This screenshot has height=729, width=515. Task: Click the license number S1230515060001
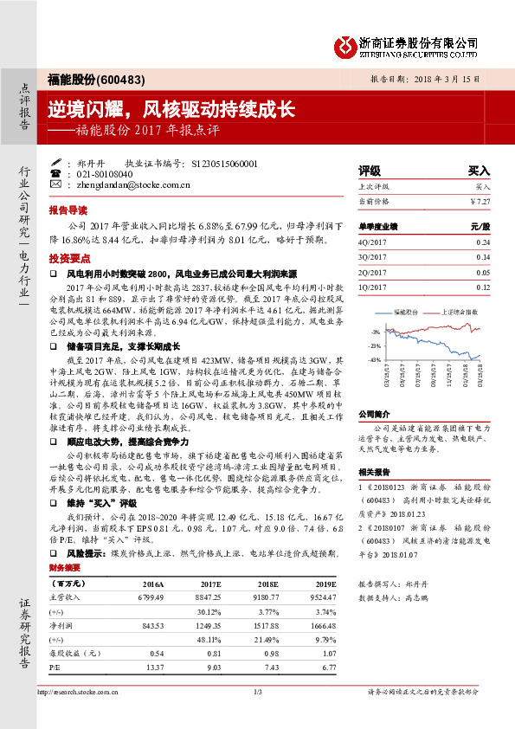[222, 162]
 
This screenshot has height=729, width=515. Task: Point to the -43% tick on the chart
[374, 359]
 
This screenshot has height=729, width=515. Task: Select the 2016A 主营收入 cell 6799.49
[148, 597]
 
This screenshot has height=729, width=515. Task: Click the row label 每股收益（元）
[72, 654]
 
